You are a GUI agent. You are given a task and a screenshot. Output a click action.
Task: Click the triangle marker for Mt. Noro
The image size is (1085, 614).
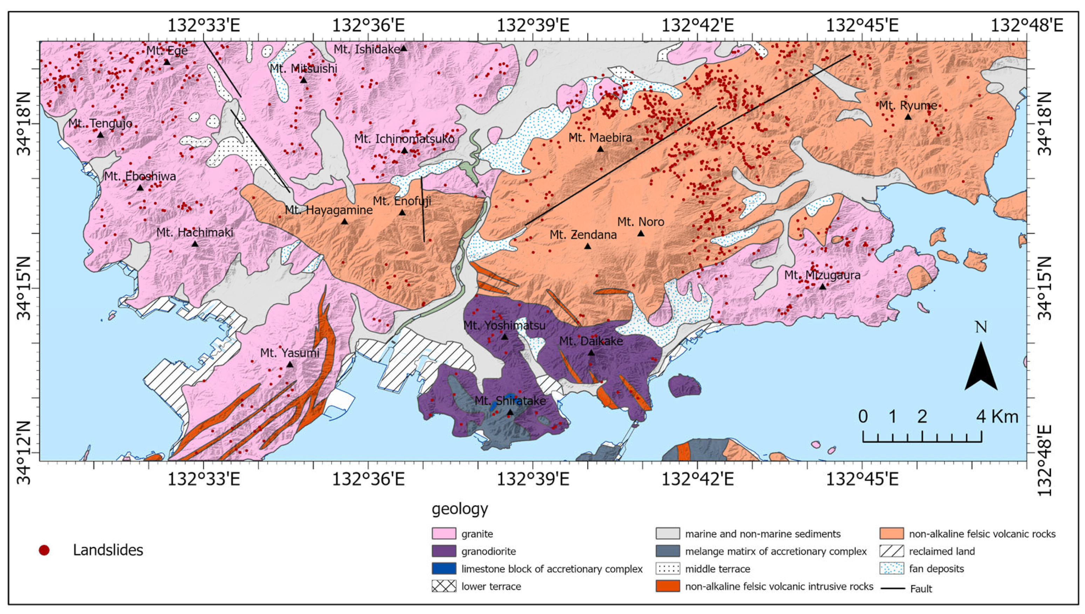[x=640, y=233]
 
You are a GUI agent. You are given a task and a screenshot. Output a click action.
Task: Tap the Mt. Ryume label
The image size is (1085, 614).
[x=908, y=105]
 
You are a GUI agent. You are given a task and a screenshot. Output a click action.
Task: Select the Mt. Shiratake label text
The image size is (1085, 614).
[x=510, y=401]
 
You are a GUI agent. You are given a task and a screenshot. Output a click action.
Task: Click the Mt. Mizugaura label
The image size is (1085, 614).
[x=822, y=275]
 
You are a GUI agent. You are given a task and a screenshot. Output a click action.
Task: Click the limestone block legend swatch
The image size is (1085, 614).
[x=443, y=568]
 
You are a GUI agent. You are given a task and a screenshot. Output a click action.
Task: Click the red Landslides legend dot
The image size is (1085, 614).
[x=44, y=550]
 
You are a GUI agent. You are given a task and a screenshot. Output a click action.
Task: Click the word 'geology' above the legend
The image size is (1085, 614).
[x=460, y=509]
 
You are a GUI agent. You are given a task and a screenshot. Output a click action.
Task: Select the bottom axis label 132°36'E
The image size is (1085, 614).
[x=368, y=480]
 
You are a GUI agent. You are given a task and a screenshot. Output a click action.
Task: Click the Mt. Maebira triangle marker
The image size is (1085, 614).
[x=600, y=149]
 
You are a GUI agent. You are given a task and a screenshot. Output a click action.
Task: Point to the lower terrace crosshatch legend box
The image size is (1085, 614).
[x=443, y=586]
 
